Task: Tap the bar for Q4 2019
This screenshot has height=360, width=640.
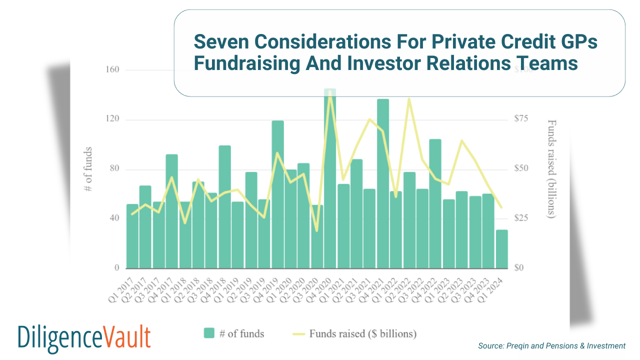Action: coord(277,194)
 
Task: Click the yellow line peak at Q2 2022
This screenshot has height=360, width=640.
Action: coord(409,99)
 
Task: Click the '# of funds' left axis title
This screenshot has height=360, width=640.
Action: coord(88,169)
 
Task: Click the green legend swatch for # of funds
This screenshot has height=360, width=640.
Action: coord(209,333)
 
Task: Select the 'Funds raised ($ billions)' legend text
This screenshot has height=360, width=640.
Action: coord(362,333)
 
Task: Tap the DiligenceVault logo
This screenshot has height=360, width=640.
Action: coord(84,337)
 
